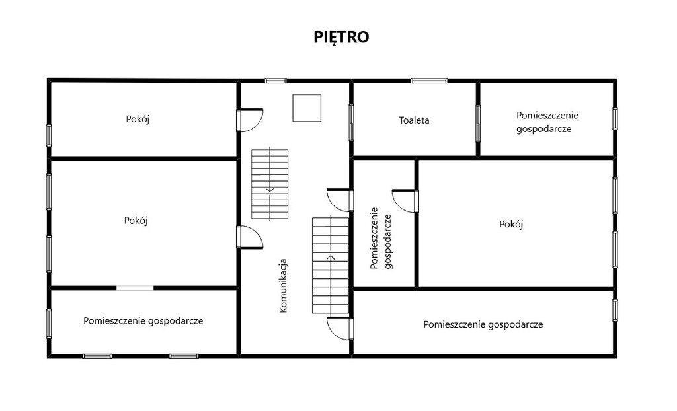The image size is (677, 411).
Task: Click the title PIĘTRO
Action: coord(341,37)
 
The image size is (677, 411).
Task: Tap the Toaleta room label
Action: coord(414,120)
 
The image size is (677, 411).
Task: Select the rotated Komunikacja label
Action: coord(283,285)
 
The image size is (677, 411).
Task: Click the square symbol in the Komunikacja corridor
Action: coord(307,108)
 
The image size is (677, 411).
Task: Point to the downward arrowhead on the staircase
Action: coord(270,189)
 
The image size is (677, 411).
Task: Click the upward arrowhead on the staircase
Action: coord(331,258)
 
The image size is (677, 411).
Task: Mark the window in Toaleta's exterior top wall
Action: coord(428,81)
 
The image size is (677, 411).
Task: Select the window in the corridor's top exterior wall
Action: coord(276,81)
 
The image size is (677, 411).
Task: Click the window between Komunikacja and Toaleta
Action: coord(351,123)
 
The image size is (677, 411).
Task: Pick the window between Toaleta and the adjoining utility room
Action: coord(478,123)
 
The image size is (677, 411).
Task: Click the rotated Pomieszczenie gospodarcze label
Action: coord(381,239)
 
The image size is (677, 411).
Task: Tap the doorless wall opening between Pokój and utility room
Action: coord(135,288)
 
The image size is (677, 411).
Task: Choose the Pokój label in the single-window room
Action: coord(138,119)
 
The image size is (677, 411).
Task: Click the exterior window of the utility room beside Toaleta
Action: coord(615,118)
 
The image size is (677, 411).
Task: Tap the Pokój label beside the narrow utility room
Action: coord(511,225)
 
